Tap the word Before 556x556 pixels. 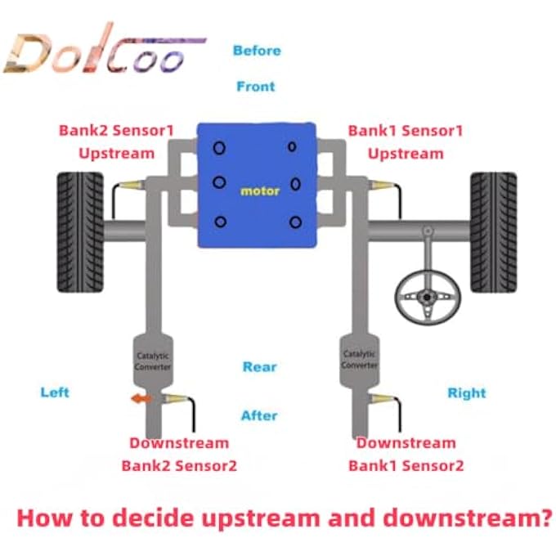tap(257, 51)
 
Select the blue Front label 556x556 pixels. tap(256, 86)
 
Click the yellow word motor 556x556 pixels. tap(260, 191)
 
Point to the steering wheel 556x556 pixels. tap(428, 297)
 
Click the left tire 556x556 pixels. tap(80, 232)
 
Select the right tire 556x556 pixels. tap(493, 232)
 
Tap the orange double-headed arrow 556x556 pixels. tap(141, 399)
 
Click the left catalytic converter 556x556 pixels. tap(153, 361)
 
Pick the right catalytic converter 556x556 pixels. tap(359, 361)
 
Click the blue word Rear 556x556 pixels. tap(259, 366)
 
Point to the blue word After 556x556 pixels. tap(259, 415)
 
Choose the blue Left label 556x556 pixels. tap(55, 392)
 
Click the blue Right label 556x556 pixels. tap(467, 393)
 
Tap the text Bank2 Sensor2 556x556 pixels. tap(179, 465)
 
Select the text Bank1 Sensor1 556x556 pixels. tap(406, 131)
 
